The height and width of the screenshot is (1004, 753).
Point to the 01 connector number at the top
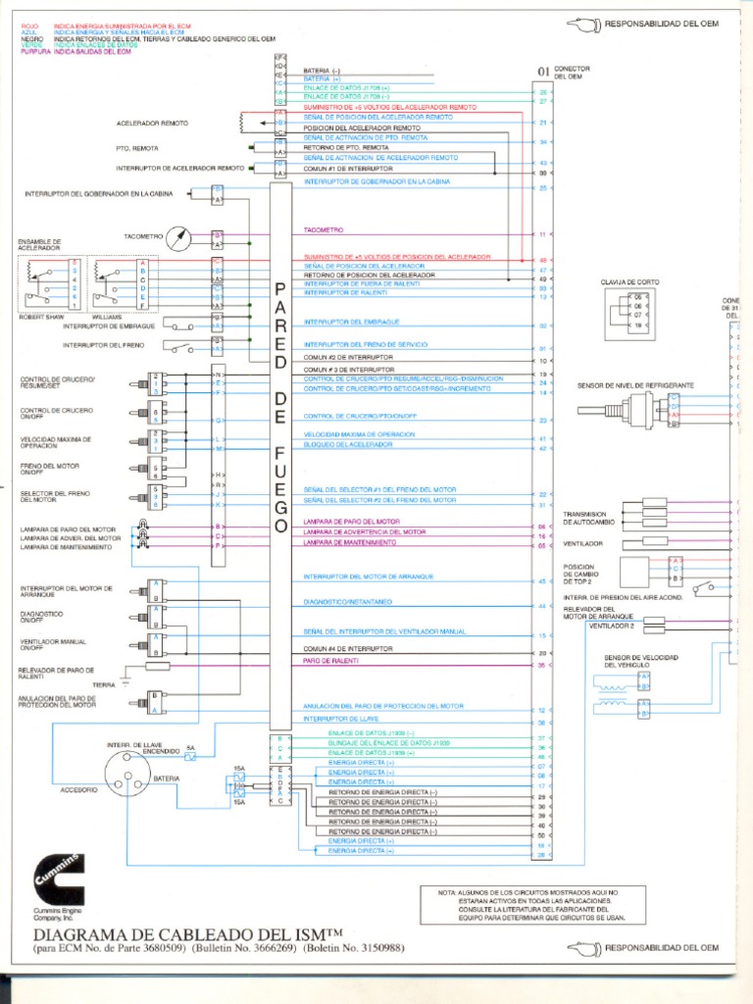pyautogui.click(x=543, y=71)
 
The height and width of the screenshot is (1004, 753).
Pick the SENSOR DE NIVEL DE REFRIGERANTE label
pyautogui.click(x=635, y=385)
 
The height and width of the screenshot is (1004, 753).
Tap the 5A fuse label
pyautogui.click(x=191, y=748)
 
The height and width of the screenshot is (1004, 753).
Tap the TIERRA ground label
pyautogui.click(x=104, y=683)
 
